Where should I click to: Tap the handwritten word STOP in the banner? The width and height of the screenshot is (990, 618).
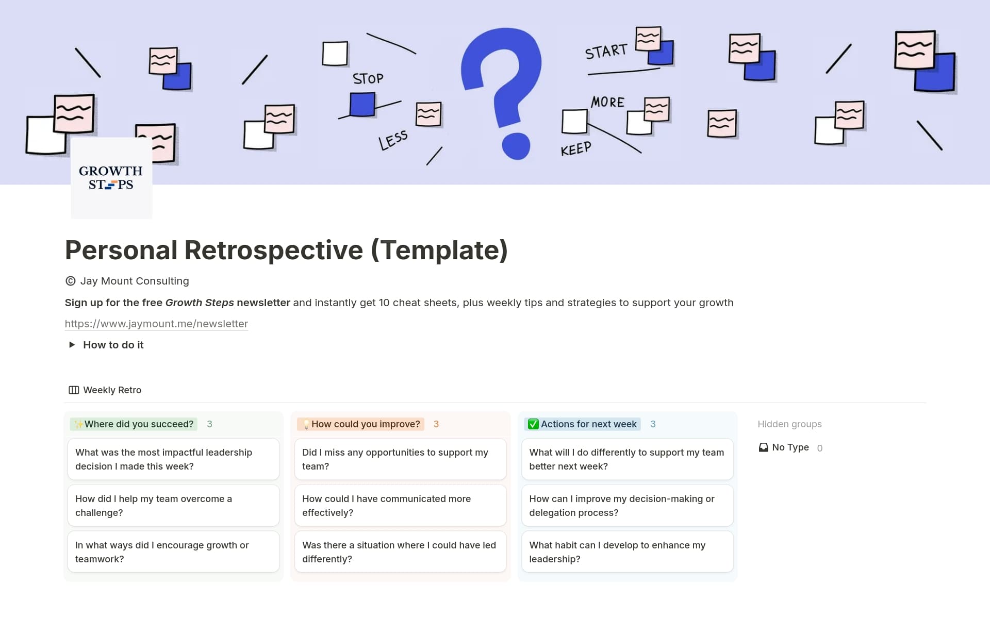point(368,79)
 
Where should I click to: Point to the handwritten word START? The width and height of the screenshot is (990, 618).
point(606,52)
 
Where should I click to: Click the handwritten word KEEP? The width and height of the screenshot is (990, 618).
point(575,149)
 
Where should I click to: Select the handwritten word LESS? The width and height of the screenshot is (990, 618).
point(393,140)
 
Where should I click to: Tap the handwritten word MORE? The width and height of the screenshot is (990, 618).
point(607,102)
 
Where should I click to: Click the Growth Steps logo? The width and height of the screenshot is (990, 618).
point(111,178)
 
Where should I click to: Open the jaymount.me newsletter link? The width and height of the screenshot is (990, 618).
point(156,324)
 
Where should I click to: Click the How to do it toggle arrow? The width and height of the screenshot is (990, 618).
point(72,345)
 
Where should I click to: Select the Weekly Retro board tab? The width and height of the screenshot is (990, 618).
point(105,390)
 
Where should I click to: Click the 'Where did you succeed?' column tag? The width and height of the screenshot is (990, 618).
point(134,424)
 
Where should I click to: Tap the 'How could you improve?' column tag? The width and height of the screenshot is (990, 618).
point(360,424)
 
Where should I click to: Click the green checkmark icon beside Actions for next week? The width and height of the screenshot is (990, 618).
point(533,424)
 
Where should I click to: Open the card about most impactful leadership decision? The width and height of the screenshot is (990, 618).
point(173,459)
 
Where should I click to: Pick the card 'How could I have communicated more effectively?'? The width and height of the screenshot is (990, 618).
point(400,506)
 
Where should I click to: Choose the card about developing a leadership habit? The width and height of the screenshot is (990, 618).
point(627,552)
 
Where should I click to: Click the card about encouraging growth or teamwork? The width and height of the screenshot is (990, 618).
point(173,552)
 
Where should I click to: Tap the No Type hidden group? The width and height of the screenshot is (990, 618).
point(789,447)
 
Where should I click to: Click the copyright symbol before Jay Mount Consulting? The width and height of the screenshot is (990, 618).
point(71,281)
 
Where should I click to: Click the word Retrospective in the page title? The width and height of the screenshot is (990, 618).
point(273,250)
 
